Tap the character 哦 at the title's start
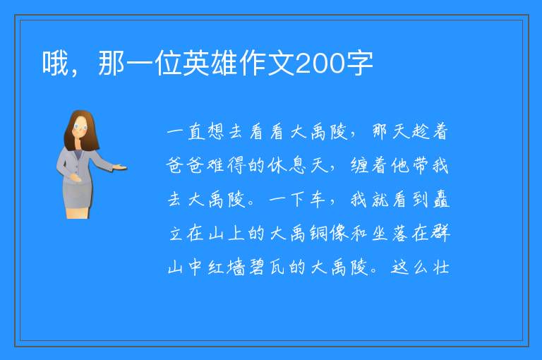(x=55, y=63)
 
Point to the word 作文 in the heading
(x=267, y=63)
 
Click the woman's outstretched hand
(x=120, y=168)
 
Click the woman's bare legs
(x=78, y=212)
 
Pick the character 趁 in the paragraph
(x=419, y=131)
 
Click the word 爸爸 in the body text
(x=186, y=165)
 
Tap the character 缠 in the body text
(x=359, y=165)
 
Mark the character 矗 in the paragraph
(x=441, y=199)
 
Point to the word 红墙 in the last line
(x=227, y=267)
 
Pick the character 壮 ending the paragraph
(x=441, y=267)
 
